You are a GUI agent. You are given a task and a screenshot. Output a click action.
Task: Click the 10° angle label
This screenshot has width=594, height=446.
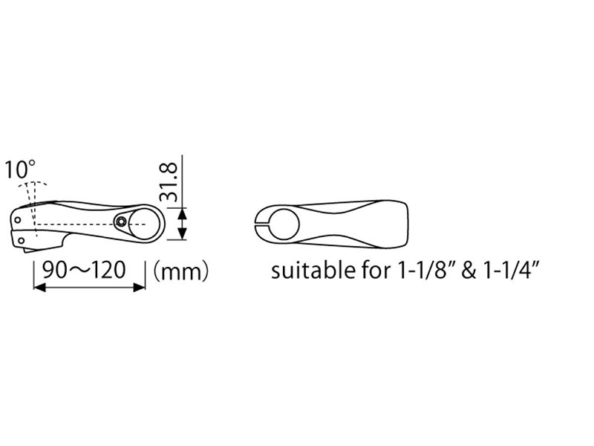(x=20, y=169)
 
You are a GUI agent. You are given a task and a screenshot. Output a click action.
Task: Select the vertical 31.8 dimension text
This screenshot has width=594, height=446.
(x=169, y=182)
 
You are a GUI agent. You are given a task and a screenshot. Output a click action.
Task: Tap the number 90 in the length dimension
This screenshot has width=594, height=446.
(x=53, y=271)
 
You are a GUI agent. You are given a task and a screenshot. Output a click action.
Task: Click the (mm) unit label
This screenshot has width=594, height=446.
(x=180, y=272)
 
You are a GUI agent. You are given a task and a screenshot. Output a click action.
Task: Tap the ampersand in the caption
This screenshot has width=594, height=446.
(x=469, y=271)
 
